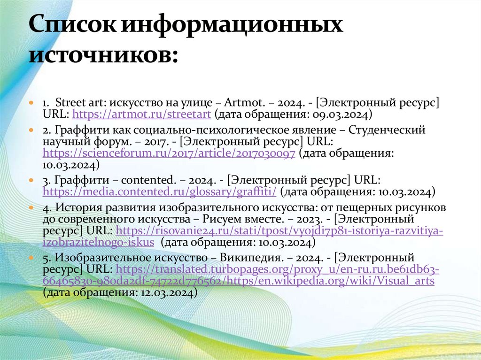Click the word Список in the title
72,26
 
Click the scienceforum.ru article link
169,153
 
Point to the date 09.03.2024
347,114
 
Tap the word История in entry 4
78,207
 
